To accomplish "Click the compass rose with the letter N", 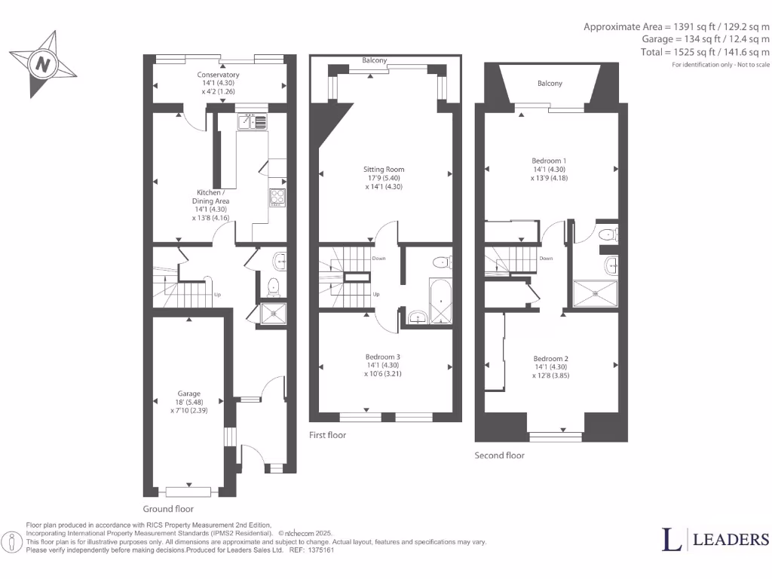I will tap(43, 64).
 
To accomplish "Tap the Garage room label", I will tap(188, 394).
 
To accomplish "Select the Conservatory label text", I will tap(219, 75).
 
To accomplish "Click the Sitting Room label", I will tap(384, 170).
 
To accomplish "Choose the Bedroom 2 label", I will tap(550, 358).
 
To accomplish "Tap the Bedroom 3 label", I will tap(383, 357).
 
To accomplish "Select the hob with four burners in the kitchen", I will tap(277, 197).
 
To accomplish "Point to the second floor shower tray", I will tap(595, 294).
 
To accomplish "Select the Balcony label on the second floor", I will tap(550, 84).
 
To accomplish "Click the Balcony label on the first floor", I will tap(374, 60).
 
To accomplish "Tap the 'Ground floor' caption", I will tap(168, 509).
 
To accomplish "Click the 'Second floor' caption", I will tap(499, 455).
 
